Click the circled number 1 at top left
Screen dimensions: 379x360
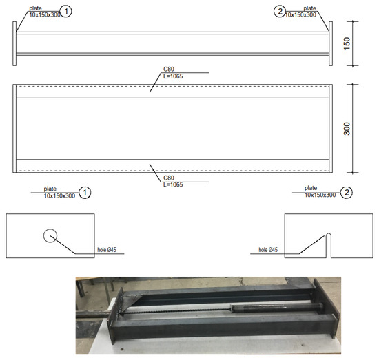(65, 11)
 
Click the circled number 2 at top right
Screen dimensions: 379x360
(280, 11)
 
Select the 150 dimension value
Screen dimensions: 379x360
(347, 43)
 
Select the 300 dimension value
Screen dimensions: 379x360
(347, 129)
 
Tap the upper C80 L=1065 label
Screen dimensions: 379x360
(173, 73)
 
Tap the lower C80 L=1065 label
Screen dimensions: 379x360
(173, 181)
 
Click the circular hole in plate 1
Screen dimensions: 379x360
(50, 235)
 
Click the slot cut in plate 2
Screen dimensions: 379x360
(329, 245)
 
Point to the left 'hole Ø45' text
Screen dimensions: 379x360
(107, 250)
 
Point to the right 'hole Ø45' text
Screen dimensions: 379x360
(268, 250)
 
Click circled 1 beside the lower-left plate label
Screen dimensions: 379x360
(85, 193)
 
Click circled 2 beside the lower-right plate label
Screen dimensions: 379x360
(347, 193)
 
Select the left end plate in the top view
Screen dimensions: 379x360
(14, 43)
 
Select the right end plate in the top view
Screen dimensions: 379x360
(331, 43)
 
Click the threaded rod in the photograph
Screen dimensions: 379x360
(176, 311)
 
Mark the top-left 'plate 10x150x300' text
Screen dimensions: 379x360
(45, 12)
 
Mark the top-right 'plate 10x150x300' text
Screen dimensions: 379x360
(300, 12)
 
